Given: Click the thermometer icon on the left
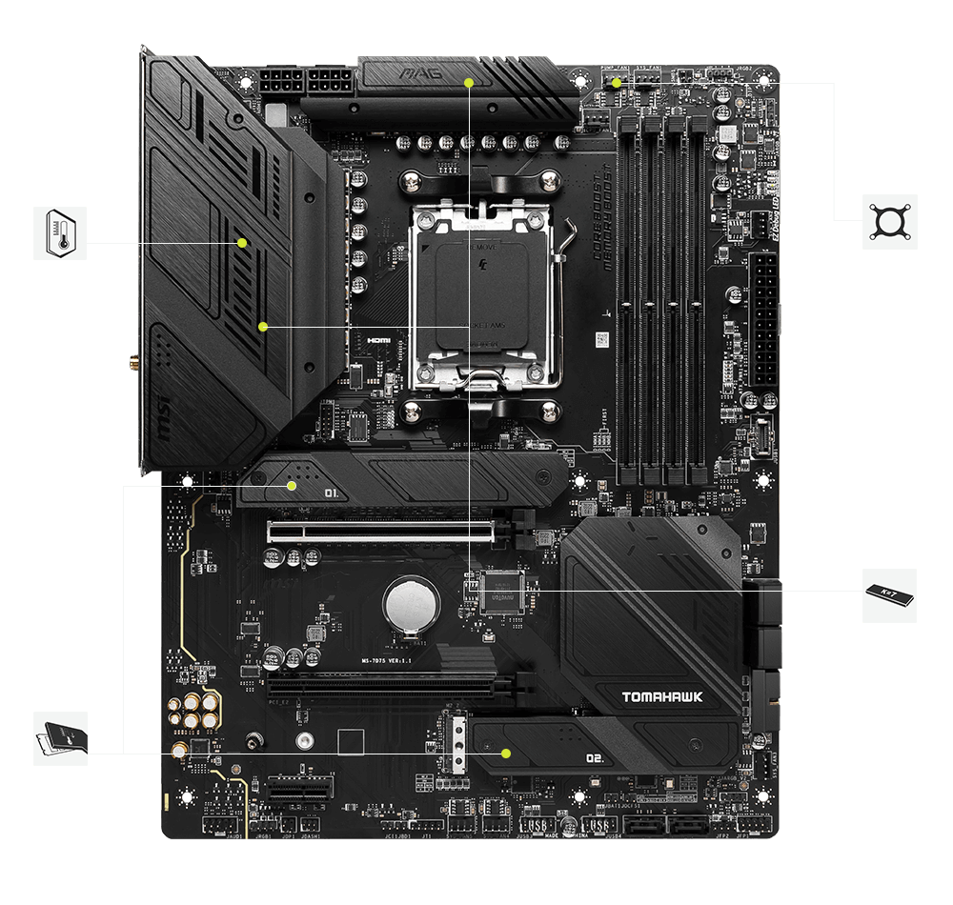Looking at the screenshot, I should (59, 232).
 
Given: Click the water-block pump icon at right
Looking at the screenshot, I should (890, 222).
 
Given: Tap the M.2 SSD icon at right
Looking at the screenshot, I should (890, 595).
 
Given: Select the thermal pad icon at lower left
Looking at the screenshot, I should (59, 737).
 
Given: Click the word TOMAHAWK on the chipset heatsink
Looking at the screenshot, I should (662, 697).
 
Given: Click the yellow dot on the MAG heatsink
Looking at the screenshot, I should (469, 83).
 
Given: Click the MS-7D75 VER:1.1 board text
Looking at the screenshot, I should (385, 660).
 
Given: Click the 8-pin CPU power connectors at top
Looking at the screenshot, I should (284, 81).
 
